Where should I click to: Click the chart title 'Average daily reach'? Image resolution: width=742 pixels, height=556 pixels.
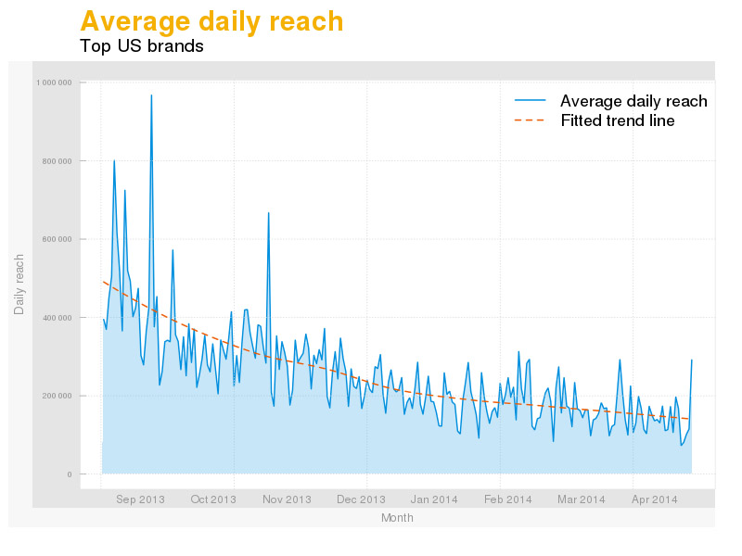[x=211, y=21]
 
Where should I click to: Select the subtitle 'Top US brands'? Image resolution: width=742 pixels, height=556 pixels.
[x=142, y=45]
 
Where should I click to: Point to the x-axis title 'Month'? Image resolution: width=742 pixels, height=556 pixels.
[x=397, y=518]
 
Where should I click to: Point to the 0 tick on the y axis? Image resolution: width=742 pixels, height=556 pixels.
[x=70, y=474]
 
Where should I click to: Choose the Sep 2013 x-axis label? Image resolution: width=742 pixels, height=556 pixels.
[x=140, y=499]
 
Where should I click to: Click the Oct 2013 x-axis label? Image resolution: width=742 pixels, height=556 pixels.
[x=213, y=499]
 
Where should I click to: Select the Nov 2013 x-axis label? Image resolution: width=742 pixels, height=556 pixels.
[x=287, y=499]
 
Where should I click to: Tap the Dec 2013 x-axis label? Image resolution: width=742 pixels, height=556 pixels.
[x=361, y=499]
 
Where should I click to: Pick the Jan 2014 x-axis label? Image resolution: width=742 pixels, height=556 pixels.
[x=434, y=499]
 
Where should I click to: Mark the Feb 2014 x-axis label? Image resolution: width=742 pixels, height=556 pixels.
[x=507, y=499]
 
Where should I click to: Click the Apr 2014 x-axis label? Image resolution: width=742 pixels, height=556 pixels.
[x=654, y=499]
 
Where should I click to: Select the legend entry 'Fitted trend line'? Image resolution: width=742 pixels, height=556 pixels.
[x=617, y=121]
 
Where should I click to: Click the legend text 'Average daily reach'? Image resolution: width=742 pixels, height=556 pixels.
[x=633, y=101]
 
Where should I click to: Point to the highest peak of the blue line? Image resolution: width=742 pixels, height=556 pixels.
[x=151, y=95]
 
